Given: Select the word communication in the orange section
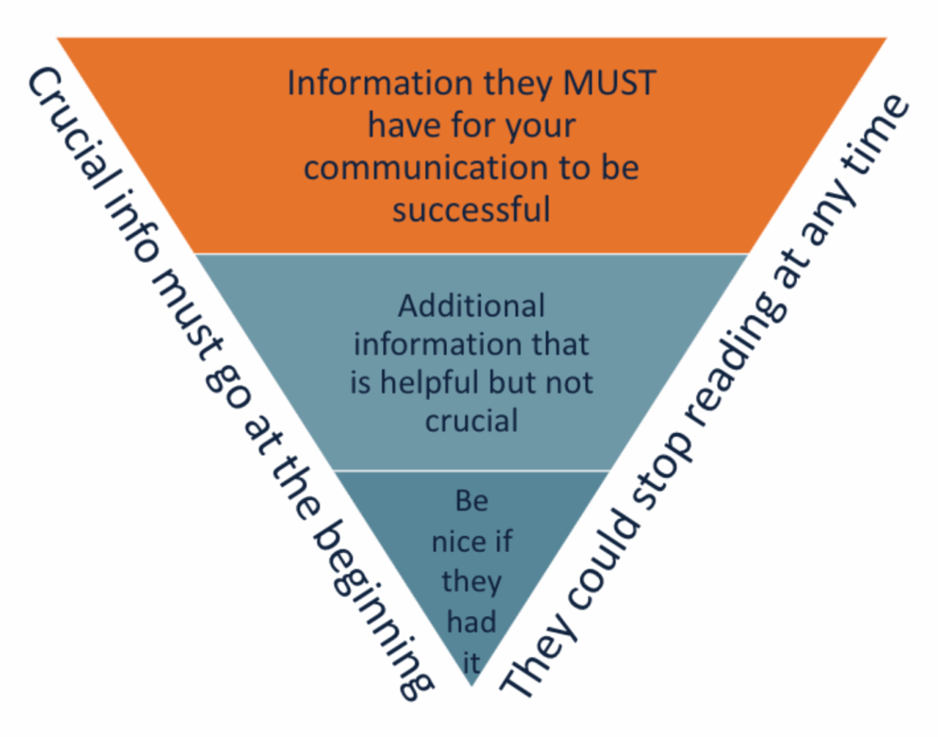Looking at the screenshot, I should coord(413,168).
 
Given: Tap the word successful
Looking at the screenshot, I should coord(472,210).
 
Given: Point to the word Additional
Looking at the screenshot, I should coord(472,305).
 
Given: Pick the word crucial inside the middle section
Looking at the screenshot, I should coord(472,420).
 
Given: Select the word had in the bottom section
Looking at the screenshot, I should coord(472,622).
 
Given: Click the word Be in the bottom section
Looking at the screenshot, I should coord(472,501).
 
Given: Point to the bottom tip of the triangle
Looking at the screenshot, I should coord(472,685).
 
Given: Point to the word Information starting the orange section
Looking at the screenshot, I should coord(383,83).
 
